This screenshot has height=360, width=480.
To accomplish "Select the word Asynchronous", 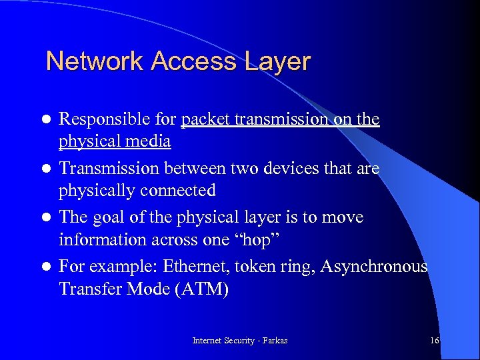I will tap(374, 267).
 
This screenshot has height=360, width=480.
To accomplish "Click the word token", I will tap(271, 267).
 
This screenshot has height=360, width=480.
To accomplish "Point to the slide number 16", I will tap(434, 341).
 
